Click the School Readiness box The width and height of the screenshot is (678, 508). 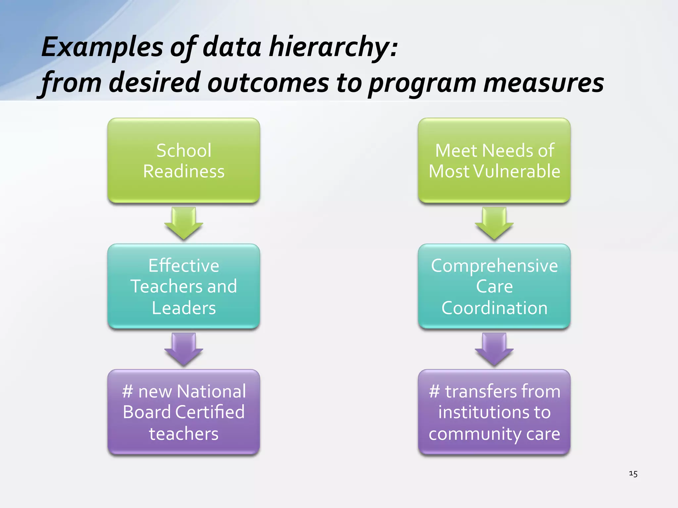click(183, 160)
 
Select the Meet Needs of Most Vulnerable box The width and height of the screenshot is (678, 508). click(494, 160)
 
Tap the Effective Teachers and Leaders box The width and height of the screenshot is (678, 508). click(183, 286)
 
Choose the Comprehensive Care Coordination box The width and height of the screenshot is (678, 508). click(494, 286)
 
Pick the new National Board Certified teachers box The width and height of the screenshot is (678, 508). click(183, 412)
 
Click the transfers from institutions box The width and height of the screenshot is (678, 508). click(494, 412)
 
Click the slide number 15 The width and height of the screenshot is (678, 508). click(633, 474)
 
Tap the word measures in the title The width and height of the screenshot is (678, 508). click(543, 83)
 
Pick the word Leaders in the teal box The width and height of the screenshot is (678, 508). click(184, 308)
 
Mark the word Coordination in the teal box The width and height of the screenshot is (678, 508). click(494, 308)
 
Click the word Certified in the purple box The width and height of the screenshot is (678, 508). click(210, 412)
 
